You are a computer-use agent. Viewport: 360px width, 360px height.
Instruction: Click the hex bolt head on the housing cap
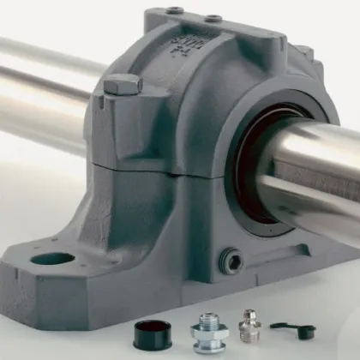coord(121,84)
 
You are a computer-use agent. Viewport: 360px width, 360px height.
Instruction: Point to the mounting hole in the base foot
coord(53,257)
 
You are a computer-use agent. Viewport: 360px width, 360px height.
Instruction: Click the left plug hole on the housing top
coord(176,11)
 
